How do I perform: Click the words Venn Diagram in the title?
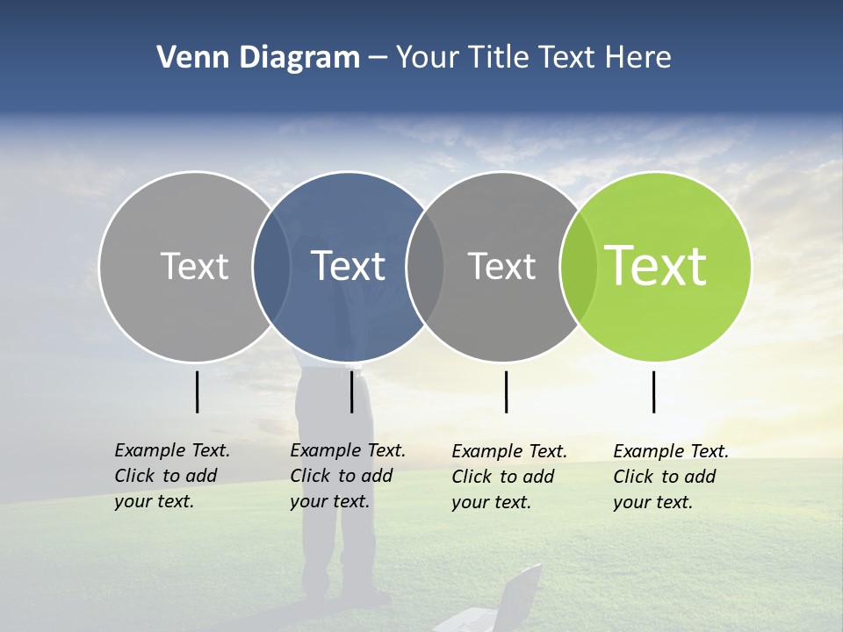257,58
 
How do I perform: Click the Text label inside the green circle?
656,266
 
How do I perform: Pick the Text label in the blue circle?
349,266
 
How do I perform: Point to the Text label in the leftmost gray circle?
194,266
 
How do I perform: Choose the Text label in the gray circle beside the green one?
501,266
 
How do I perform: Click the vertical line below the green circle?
654,391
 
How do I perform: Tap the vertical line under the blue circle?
351,391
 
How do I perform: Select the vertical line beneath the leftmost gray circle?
198,391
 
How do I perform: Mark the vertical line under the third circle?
507,391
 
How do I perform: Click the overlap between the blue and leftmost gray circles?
271,266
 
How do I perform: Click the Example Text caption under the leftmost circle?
171,476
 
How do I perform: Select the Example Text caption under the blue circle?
347,476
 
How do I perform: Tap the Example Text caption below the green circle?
670,477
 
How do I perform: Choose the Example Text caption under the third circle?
508,477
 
